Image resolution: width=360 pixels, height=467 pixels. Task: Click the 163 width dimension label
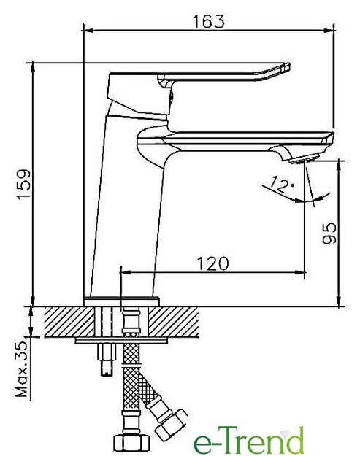pos(208,21)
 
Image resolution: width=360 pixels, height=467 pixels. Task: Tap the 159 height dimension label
pos(24,184)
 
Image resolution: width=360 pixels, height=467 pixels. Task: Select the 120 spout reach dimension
pos(212,263)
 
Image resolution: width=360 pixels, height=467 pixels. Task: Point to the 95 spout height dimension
pos(329,233)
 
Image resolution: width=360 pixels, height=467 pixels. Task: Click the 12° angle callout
pos(281,184)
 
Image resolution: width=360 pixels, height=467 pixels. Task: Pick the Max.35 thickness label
pos(21,369)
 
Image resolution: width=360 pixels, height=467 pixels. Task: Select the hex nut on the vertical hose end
pos(131,443)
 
